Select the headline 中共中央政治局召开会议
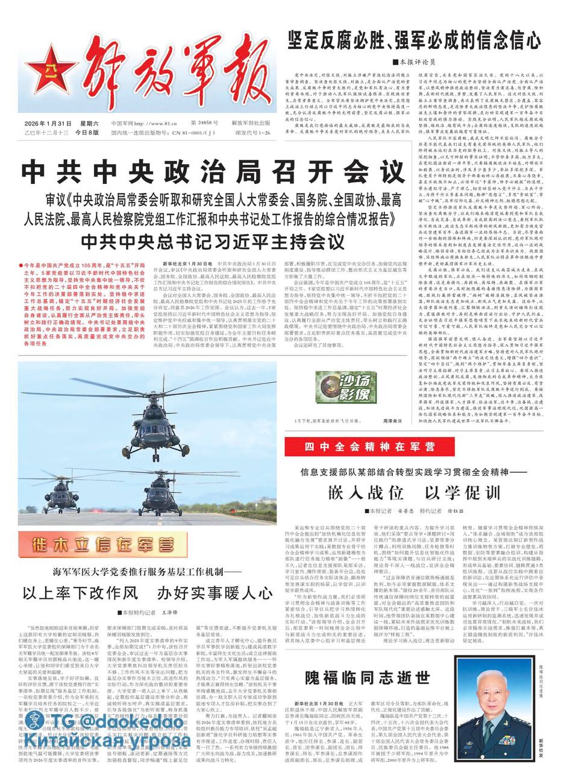pos(213,172)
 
